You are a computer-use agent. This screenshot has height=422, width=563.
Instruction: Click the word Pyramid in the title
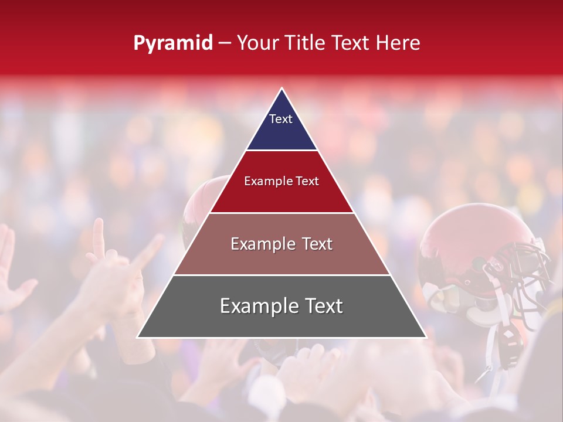(172, 43)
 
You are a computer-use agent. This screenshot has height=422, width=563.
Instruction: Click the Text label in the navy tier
(281, 119)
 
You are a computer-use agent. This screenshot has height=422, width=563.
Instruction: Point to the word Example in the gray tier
(255, 306)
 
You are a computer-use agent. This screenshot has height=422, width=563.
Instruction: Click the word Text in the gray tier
(321, 306)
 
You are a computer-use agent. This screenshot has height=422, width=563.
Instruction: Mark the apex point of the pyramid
(281, 89)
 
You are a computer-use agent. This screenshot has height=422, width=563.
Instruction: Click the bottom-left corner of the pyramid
(138, 337)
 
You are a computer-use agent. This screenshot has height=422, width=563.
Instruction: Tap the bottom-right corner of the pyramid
(426, 337)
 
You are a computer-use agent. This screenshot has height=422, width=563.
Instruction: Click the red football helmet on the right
(463, 246)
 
